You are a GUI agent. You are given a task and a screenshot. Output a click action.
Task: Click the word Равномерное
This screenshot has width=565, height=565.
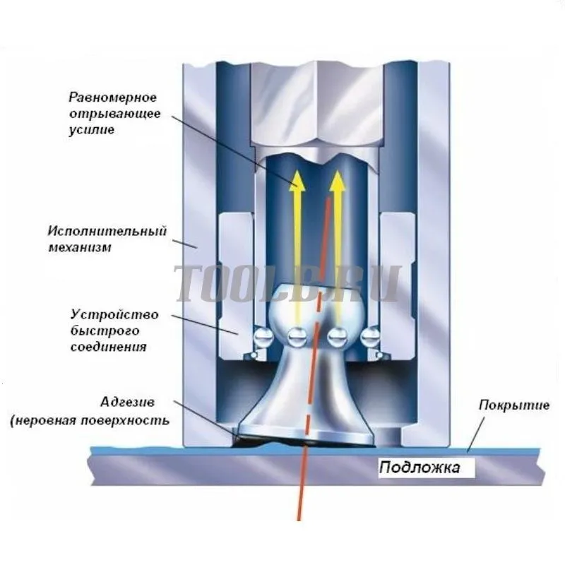113,97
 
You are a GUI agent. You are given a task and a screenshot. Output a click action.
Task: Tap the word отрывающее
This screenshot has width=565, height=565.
115,114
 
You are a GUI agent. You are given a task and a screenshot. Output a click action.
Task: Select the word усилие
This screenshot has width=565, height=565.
92,130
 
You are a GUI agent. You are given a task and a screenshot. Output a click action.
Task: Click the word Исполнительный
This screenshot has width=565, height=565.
107,231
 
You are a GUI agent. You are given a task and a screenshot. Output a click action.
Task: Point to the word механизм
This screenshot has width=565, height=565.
80,248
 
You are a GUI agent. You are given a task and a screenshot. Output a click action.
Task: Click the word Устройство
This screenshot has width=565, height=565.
114,314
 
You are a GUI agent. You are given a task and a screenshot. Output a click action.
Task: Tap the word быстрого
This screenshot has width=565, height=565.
105,331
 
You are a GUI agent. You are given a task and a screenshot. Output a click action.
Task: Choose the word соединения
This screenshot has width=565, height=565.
109,347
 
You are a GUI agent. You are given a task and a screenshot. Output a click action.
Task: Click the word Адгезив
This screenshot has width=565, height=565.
128,402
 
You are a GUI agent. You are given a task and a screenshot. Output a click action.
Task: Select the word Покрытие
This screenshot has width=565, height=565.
514,405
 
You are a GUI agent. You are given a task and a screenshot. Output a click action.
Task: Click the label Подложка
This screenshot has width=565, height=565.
420,468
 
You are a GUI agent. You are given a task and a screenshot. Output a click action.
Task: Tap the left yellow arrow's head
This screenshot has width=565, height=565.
297,181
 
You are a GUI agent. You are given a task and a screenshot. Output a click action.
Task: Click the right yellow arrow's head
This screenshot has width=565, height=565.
338,181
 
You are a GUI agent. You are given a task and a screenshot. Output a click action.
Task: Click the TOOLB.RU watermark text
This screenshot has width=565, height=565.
289,284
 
